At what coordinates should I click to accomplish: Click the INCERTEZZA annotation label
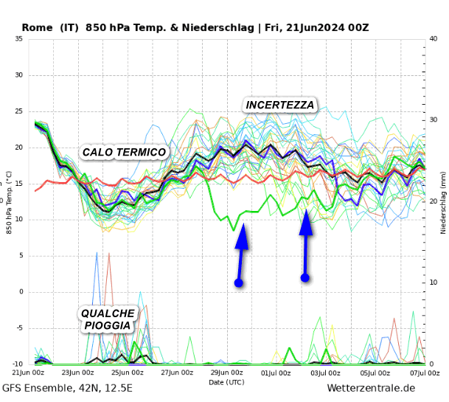tap(280, 105)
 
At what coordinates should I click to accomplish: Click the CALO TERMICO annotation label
tap(124, 153)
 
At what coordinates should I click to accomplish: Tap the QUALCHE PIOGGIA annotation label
tap(108, 319)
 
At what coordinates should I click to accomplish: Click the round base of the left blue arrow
tap(239, 283)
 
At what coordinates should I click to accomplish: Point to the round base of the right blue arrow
tap(304, 277)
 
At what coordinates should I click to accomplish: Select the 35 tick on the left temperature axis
tap(19, 39)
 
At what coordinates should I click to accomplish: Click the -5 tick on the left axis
tap(19, 328)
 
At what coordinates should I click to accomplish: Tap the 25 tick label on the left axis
tap(19, 111)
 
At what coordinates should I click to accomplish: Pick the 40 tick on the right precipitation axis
tap(434, 39)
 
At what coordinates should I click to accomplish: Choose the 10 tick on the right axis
tap(434, 283)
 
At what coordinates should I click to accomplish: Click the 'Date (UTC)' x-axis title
tap(226, 382)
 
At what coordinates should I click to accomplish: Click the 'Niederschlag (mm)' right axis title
tap(444, 201)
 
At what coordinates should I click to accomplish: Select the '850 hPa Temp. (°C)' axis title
tap(9, 201)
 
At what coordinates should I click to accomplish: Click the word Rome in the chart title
tap(37, 28)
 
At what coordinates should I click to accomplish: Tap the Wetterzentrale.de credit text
tap(371, 389)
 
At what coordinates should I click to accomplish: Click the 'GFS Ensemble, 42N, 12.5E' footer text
tap(68, 389)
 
